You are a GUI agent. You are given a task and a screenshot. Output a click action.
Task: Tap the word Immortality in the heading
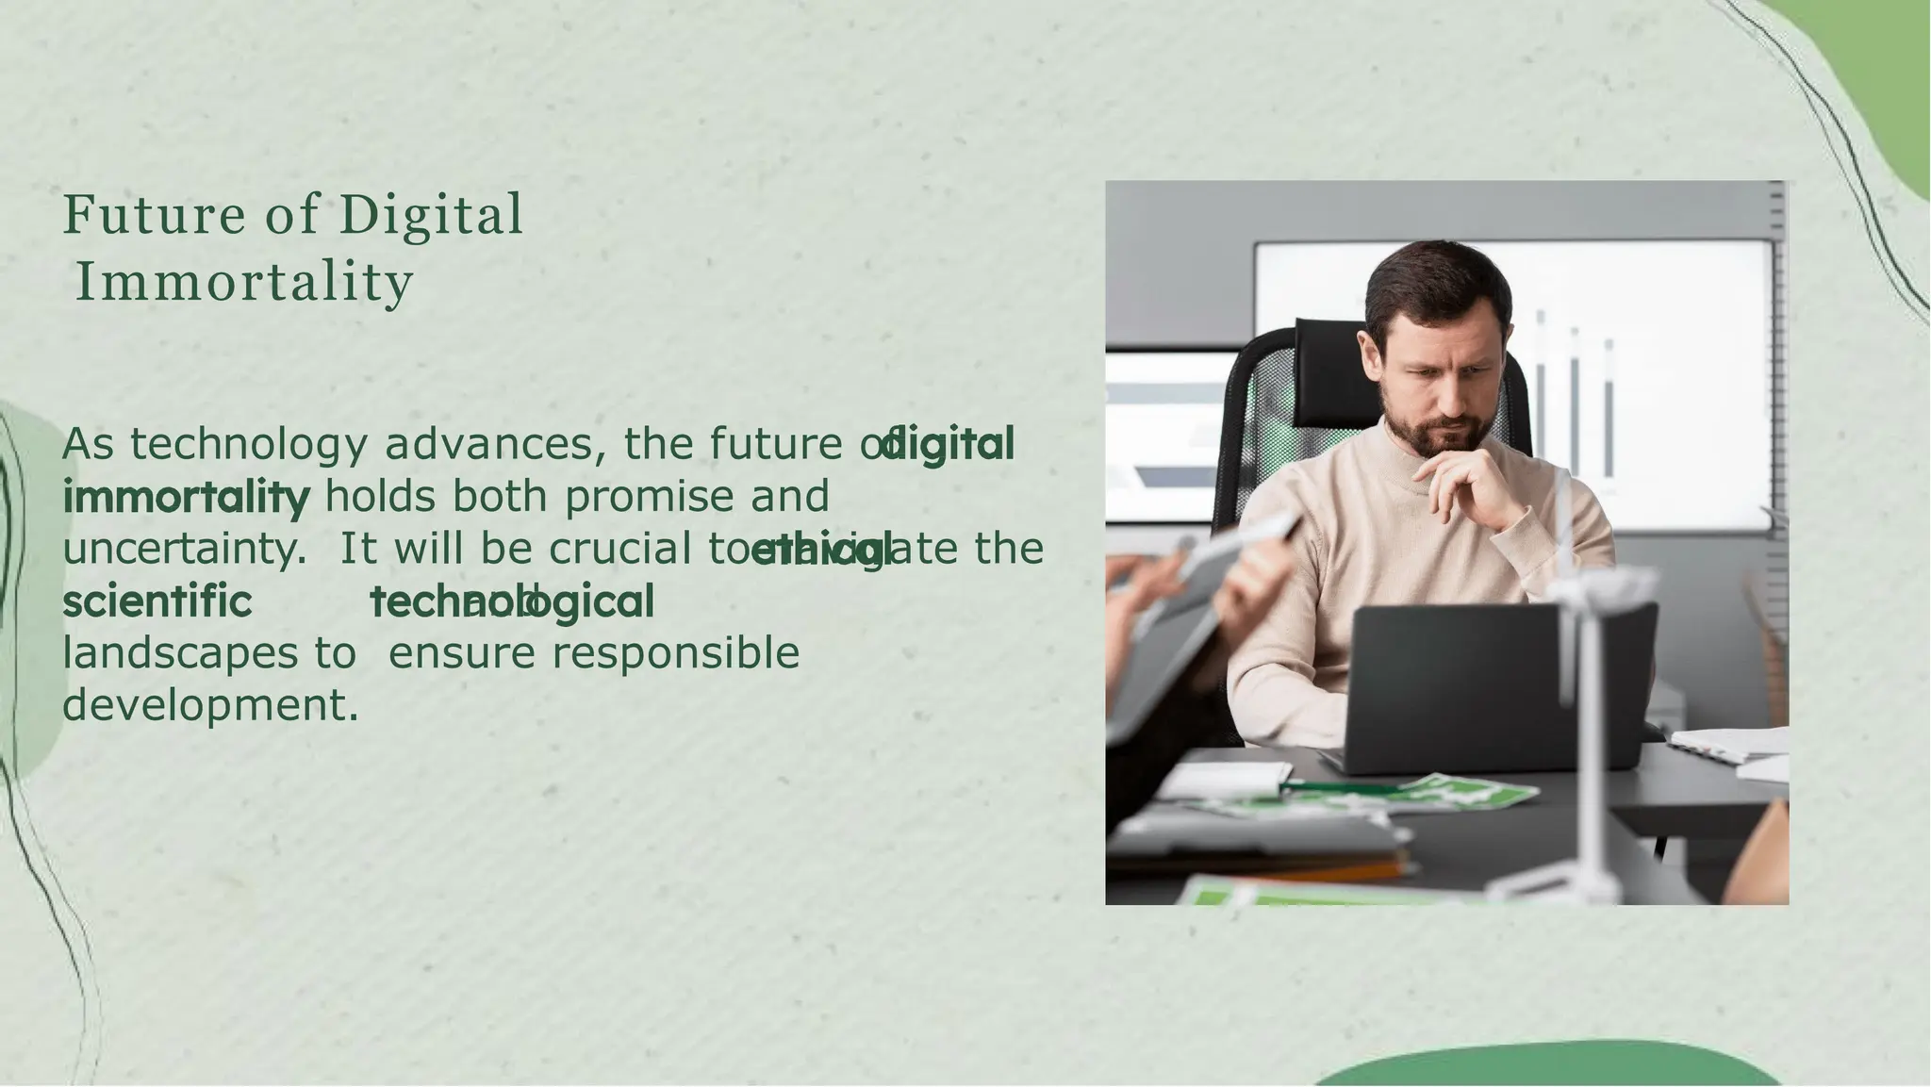tap(244, 282)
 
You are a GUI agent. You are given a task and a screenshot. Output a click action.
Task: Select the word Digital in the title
tap(431, 215)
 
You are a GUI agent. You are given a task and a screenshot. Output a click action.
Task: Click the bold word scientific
tap(157, 601)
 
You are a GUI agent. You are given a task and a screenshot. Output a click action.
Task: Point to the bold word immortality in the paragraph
tap(186, 497)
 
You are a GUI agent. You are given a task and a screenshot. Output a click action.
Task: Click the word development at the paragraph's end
tap(210, 704)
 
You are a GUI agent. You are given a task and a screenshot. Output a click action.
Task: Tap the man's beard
tap(1443, 434)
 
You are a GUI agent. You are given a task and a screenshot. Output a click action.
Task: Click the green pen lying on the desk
tap(1339, 785)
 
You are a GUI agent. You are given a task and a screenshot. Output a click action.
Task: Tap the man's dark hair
tap(1433, 273)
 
